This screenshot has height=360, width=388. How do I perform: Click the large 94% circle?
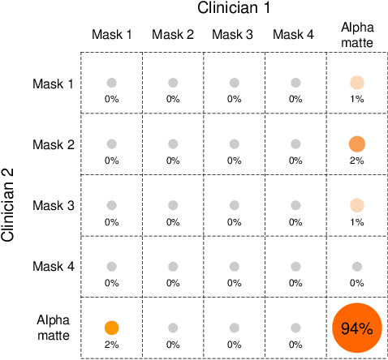[356, 328]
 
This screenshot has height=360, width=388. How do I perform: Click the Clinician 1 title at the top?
[234, 9]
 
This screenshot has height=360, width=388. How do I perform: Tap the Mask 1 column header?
[111, 34]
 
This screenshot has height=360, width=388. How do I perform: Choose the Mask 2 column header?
[173, 34]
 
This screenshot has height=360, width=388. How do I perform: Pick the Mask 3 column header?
[234, 34]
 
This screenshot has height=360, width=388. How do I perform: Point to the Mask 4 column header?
[295, 34]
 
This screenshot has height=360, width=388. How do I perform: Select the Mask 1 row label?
[53, 83]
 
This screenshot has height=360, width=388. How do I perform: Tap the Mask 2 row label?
[53, 144]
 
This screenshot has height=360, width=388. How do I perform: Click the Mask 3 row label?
[53, 205]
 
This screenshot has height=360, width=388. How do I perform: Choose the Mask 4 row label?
[53, 267]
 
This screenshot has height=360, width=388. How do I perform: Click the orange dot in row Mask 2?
[356, 144]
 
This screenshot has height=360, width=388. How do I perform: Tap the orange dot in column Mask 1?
[111, 328]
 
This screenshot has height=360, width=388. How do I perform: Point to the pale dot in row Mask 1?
[356, 83]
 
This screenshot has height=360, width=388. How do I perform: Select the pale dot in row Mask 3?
[356, 205]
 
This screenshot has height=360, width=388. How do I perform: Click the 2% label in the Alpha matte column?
[356, 161]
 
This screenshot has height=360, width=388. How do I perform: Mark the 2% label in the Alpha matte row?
[111, 344]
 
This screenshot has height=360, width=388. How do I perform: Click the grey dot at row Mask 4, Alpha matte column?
[356, 266]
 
